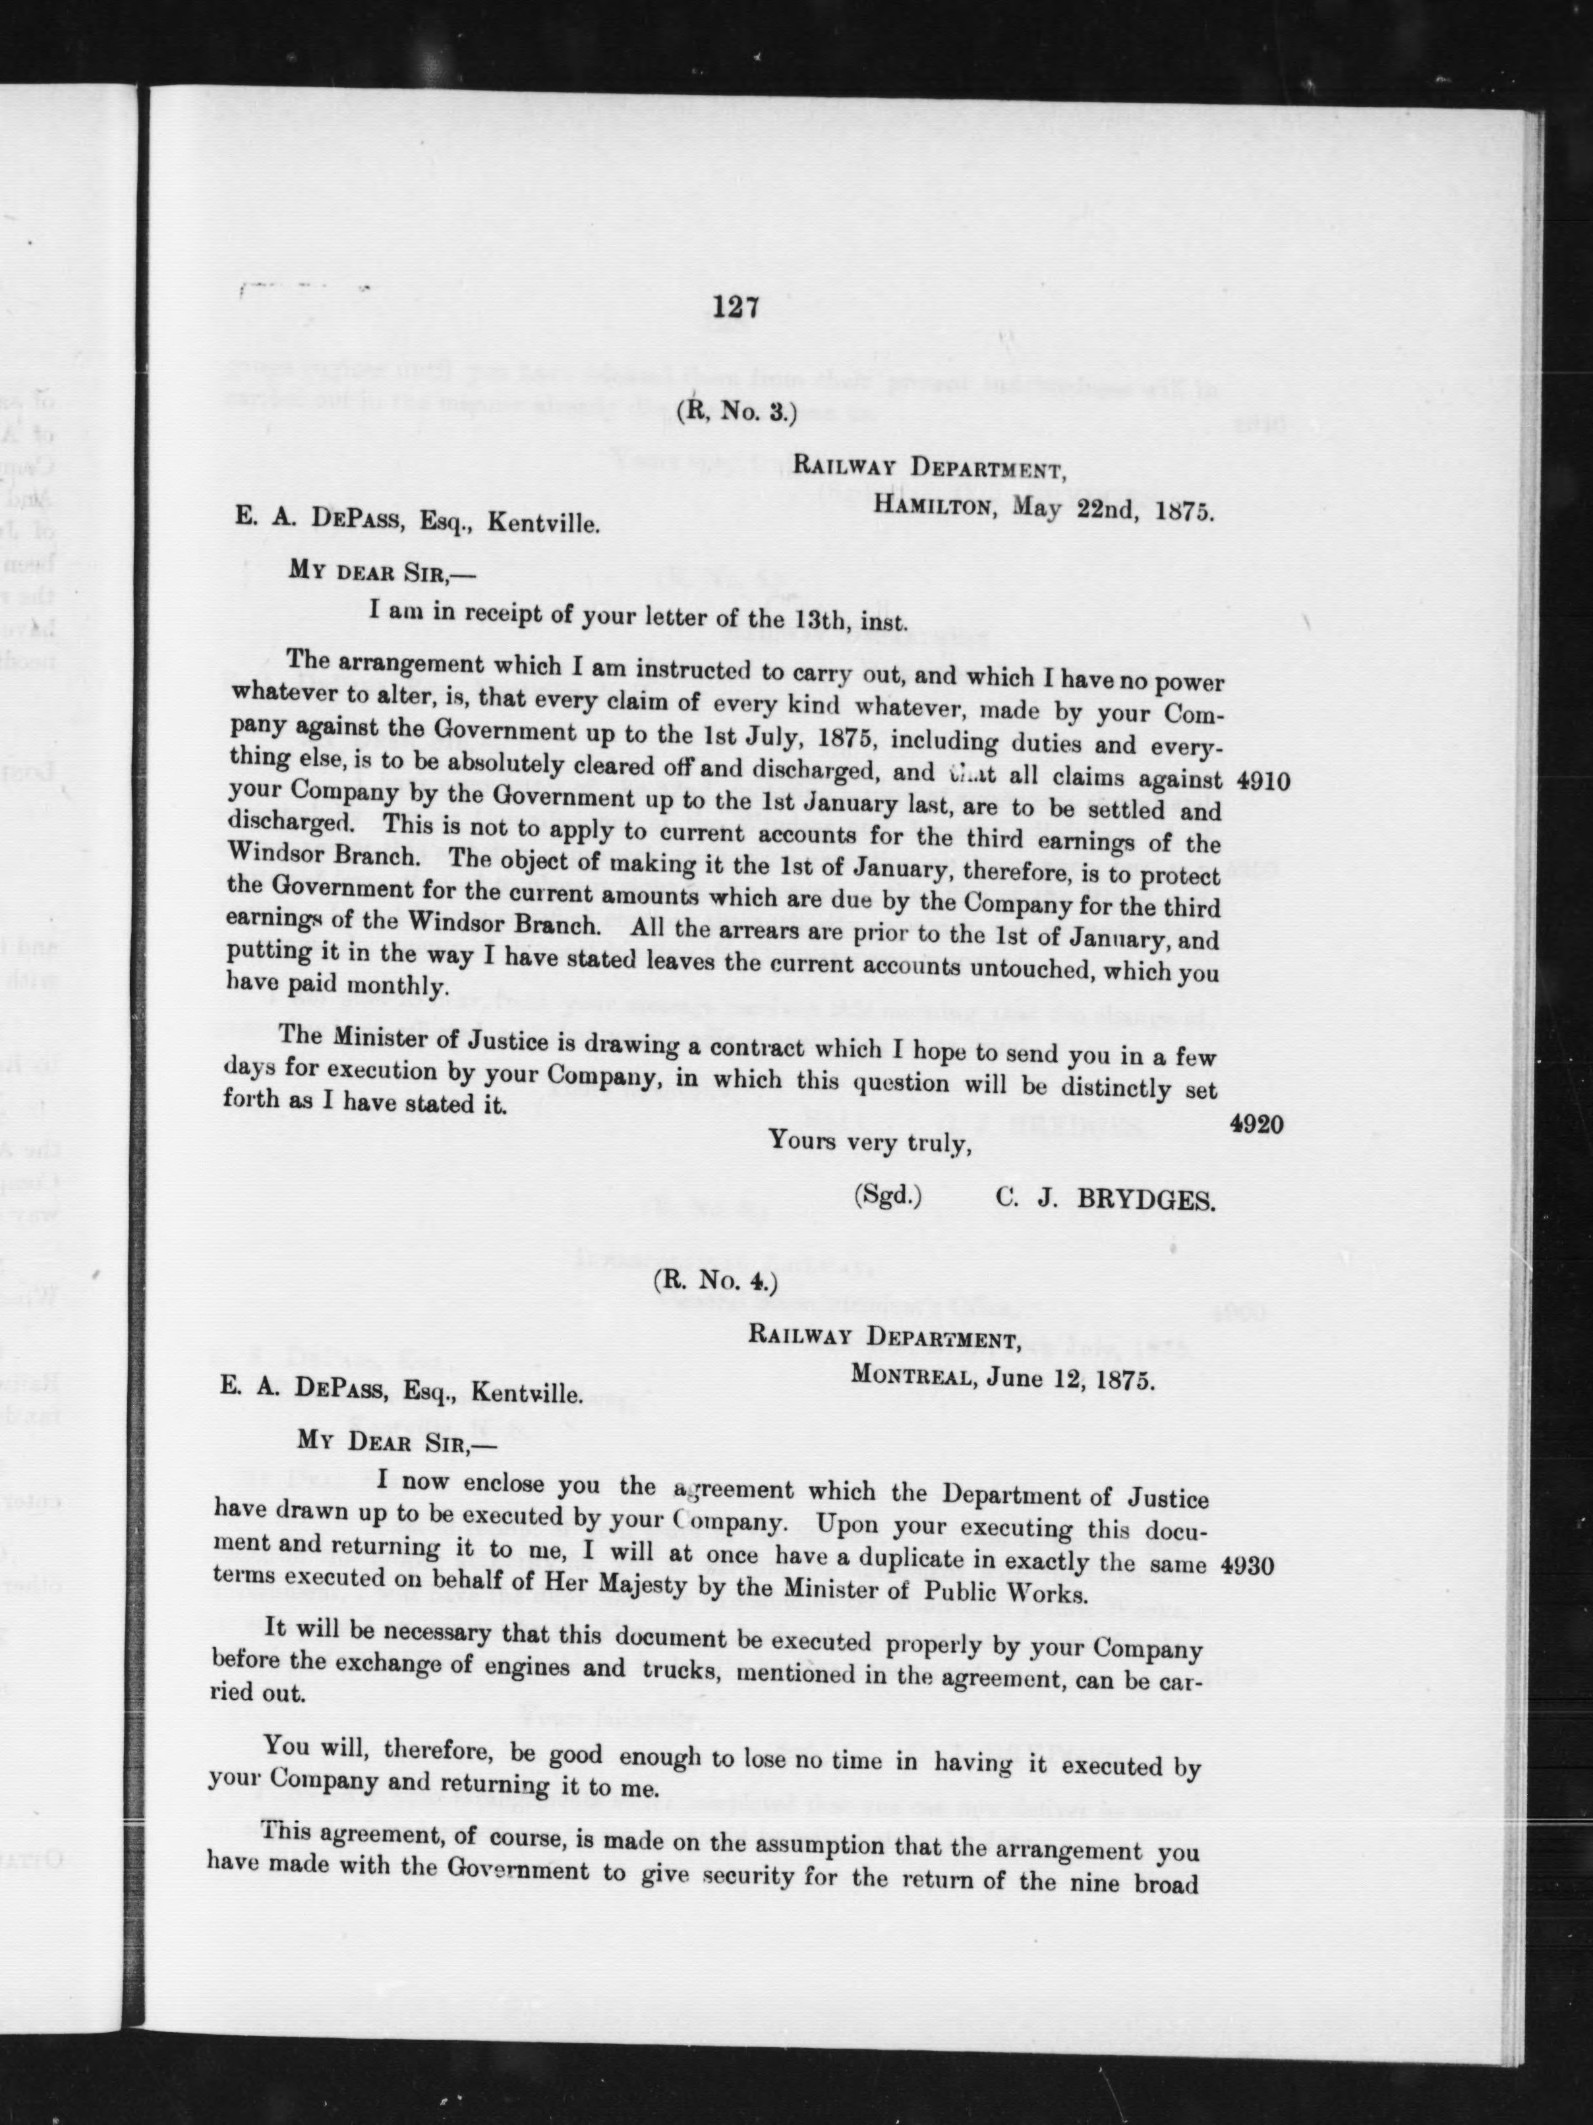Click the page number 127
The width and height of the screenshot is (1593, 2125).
pyautogui.click(x=737, y=306)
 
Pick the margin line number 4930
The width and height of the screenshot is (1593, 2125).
pyautogui.click(x=1248, y=1565)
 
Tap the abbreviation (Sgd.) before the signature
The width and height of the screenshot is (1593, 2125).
pyautogui.click(x=888, y=1195)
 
